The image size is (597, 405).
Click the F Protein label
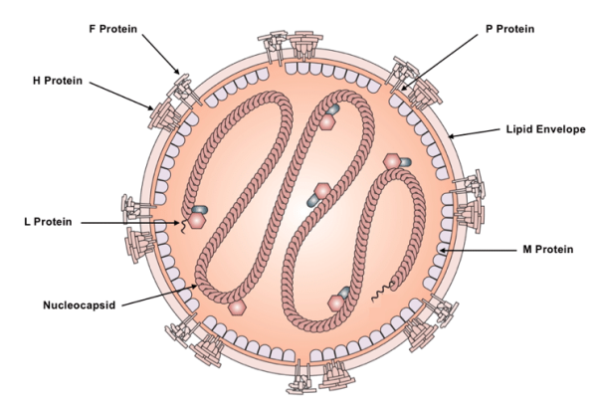click(x=113, y=29)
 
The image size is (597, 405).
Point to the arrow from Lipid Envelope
click(x=472, y=133)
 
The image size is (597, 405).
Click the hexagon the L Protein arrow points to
click(x=197, y=221)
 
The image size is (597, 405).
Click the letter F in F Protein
click(x=92, y=29)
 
